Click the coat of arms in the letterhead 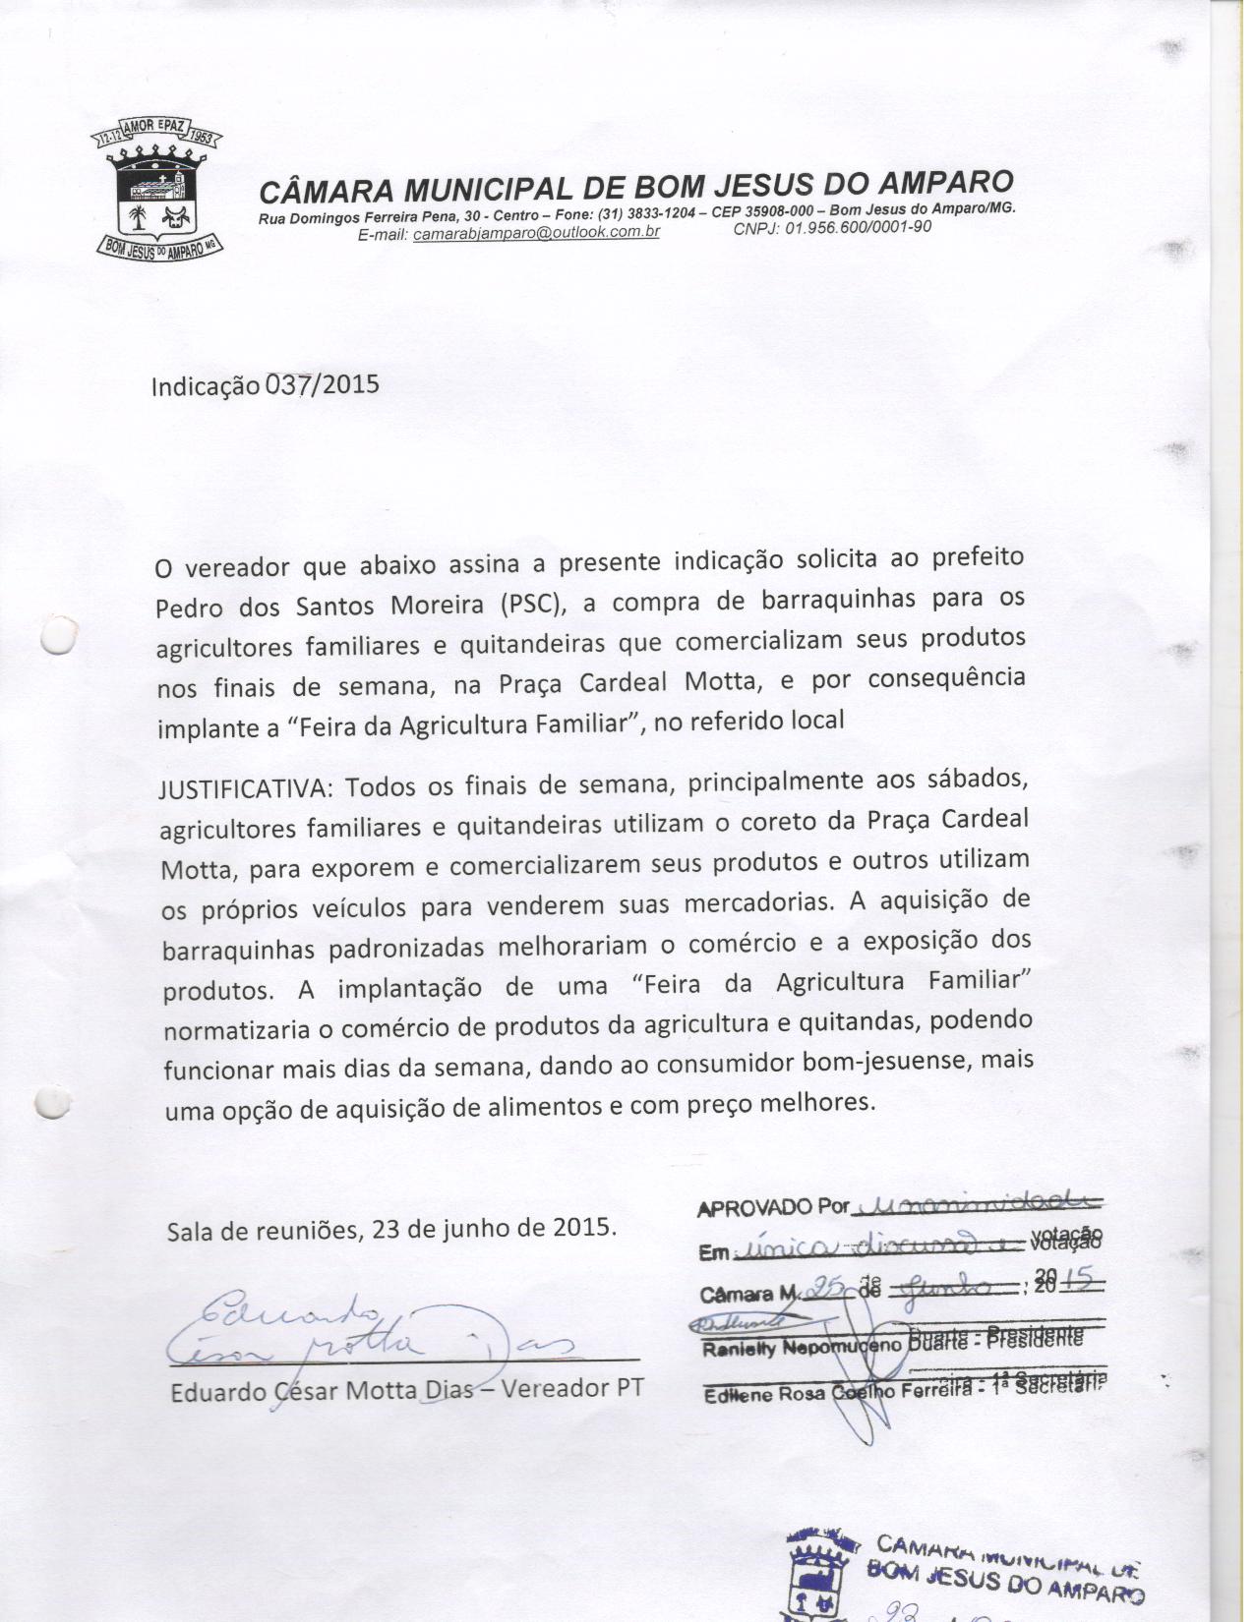[x=161, y=193]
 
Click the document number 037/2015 [x=322, y=383]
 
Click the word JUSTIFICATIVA [x=246, y=789]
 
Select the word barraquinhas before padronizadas [x=237, y=950]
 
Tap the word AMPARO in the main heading [x=945, y=181]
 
